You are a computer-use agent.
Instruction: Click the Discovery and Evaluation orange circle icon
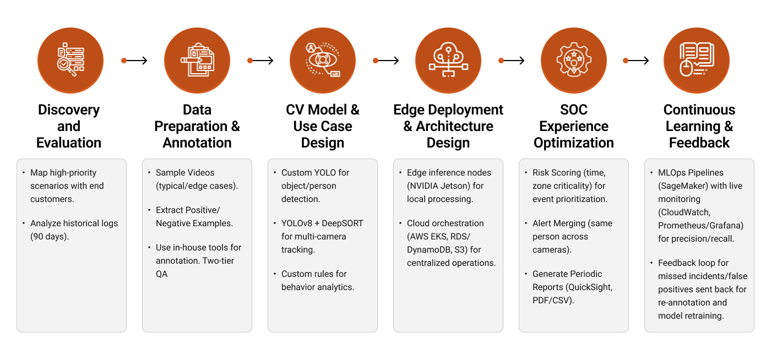pos(70,61)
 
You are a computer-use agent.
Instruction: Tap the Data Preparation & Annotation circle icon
pos(197,61)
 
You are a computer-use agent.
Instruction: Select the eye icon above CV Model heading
pos(322,61)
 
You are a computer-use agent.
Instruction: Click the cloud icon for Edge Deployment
pos(448,61)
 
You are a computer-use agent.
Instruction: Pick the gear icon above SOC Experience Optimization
pos(573,61)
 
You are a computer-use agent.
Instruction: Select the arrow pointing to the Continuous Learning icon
pos(636,61)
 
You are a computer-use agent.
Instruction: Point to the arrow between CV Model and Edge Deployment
pos(385,61)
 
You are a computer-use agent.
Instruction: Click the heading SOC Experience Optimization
pos(573,126)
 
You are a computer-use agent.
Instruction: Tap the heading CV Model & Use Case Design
pos(322,126)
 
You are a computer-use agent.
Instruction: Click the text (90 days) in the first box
pos(49,237)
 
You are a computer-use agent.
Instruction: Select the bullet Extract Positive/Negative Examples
pos(194,216)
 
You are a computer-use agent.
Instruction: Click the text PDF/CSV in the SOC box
pos(553,301)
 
